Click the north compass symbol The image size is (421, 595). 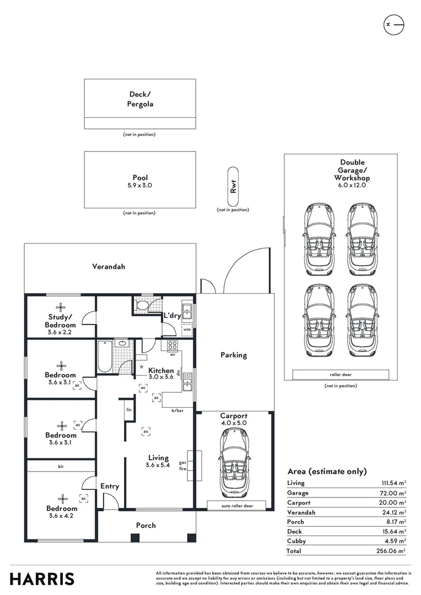(393, 25)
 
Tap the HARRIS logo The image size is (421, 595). (42, 579)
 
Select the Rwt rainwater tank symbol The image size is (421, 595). (233, 186)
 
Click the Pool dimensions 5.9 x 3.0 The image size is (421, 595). (140, 186)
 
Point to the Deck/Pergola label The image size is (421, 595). (140, 99)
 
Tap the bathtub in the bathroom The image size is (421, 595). (105, 357)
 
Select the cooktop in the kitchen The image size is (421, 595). (172, 345)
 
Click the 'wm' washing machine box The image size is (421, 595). (187, 329)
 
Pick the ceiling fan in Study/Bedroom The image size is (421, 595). (61, 308)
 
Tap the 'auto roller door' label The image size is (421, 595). (238, 506)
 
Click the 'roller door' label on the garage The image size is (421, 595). (341, 375)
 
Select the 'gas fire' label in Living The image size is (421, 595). (182, 466)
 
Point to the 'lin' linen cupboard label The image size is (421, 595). (129, 410)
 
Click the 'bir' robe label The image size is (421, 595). (61, 467)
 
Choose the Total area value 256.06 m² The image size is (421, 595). (391, 551)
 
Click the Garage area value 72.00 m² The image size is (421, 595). (393, 493)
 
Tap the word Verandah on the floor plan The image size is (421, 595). (109, 267)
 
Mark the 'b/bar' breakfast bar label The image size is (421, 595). (177, 410)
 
